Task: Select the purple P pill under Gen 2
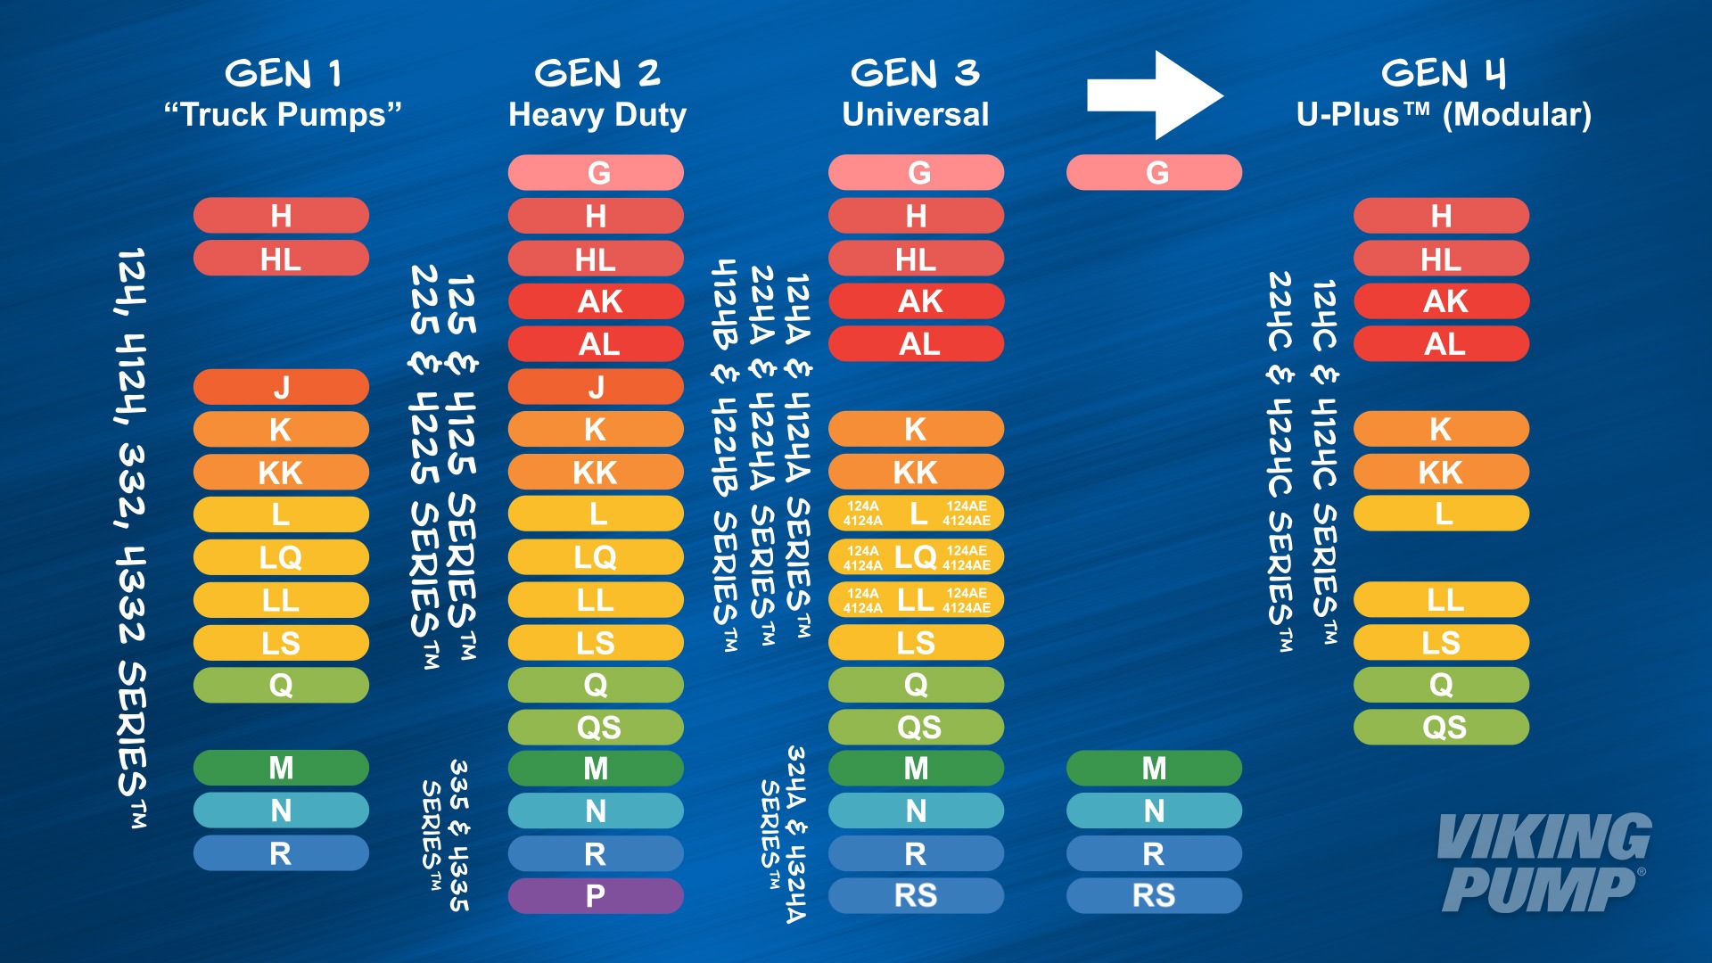click(x=596, y=895)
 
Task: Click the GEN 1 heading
click(x=284, y=73)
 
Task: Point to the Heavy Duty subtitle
click(x=597, y=115)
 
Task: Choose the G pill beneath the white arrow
click(x=1154, y=172)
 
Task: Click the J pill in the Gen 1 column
click(x=281, y=387)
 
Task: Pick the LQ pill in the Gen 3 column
click(x=916, y=557)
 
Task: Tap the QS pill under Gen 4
click(x=1441, y=728)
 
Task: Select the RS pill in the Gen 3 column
click(x=916, y=895)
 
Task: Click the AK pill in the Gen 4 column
click(x=1441, y=301)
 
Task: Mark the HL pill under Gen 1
click(x=281, y=259)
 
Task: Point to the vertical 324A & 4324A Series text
click(x=784, y=834)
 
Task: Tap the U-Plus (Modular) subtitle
click(x=1444, y=115)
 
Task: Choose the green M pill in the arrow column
click(x=1154, y=768)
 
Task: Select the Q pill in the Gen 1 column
click(x=281, y=685)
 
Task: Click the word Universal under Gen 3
click(x=916, y=115)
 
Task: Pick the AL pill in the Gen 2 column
click(x=596, y=344)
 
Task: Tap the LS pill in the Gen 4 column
click(x=1441, y=642)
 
